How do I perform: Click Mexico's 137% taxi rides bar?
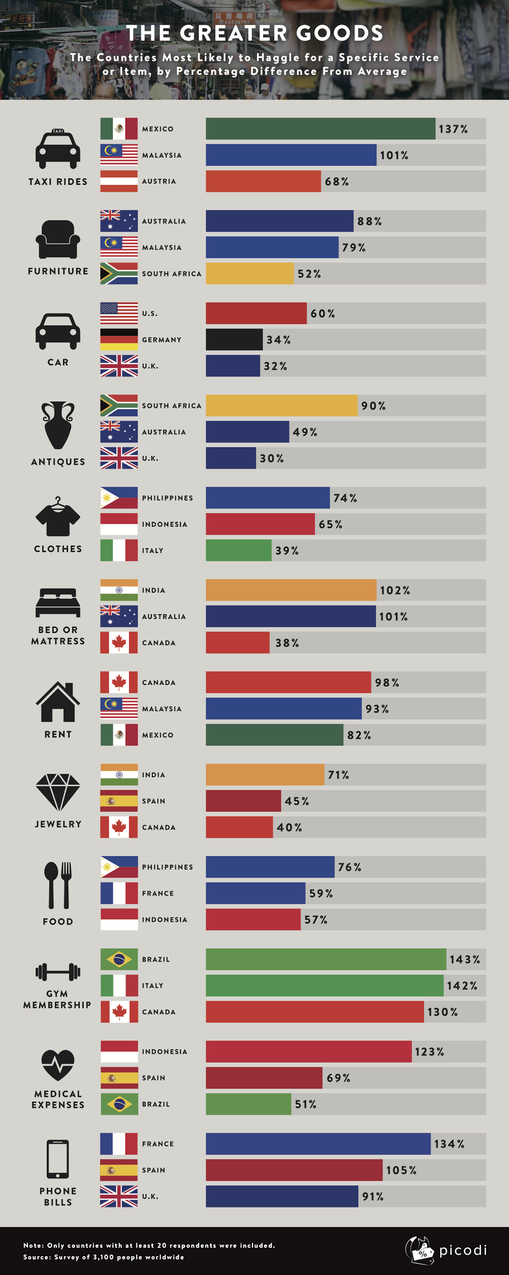click(320, 129)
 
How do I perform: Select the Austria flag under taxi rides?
click(119, 181)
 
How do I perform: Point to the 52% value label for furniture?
click(309, 274)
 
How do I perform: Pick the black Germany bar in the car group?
click(234, 340)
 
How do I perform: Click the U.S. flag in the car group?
click(119, 313)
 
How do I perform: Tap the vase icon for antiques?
click(58, 425)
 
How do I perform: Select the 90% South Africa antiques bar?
click(282, 405)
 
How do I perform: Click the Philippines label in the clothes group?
click(167, 498)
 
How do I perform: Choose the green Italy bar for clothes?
click(239, 550)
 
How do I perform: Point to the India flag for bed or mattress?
click(119, 590)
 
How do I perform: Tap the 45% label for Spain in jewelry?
click(297, 801)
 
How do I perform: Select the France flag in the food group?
click(119, 893)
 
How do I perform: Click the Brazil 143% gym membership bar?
click(326, 959)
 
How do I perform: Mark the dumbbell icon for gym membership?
click(58, 972)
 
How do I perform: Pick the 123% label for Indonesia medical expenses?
click(429, 1052)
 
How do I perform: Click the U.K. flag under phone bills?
click(119, 1196)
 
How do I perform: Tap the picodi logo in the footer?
click(446, 1251)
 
